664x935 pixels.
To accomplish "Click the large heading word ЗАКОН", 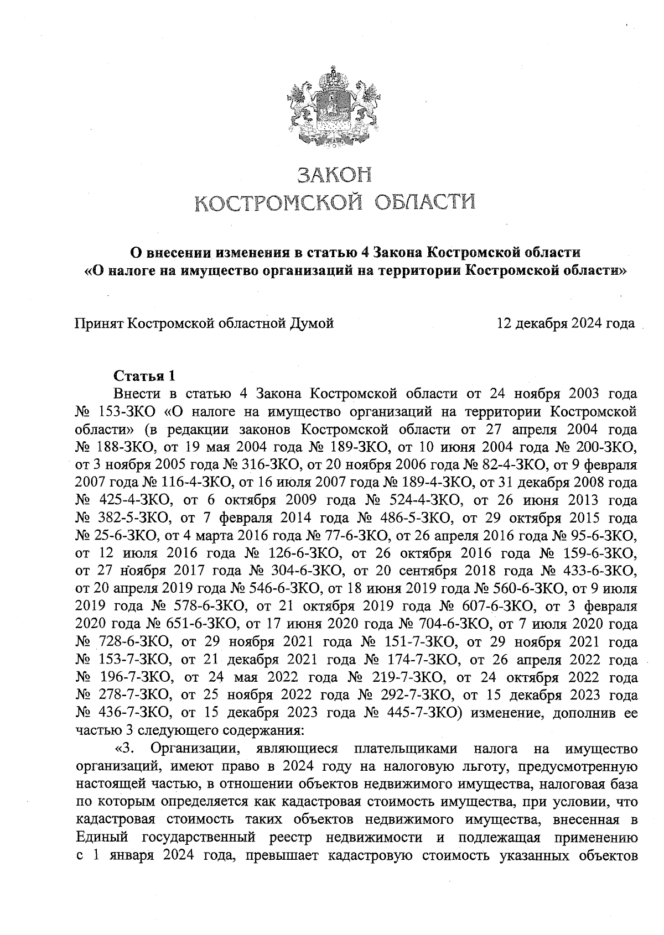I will tap(333, 175).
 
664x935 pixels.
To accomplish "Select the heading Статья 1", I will tap(144, 376).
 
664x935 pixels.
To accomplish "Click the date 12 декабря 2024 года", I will tap(566, 323).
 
